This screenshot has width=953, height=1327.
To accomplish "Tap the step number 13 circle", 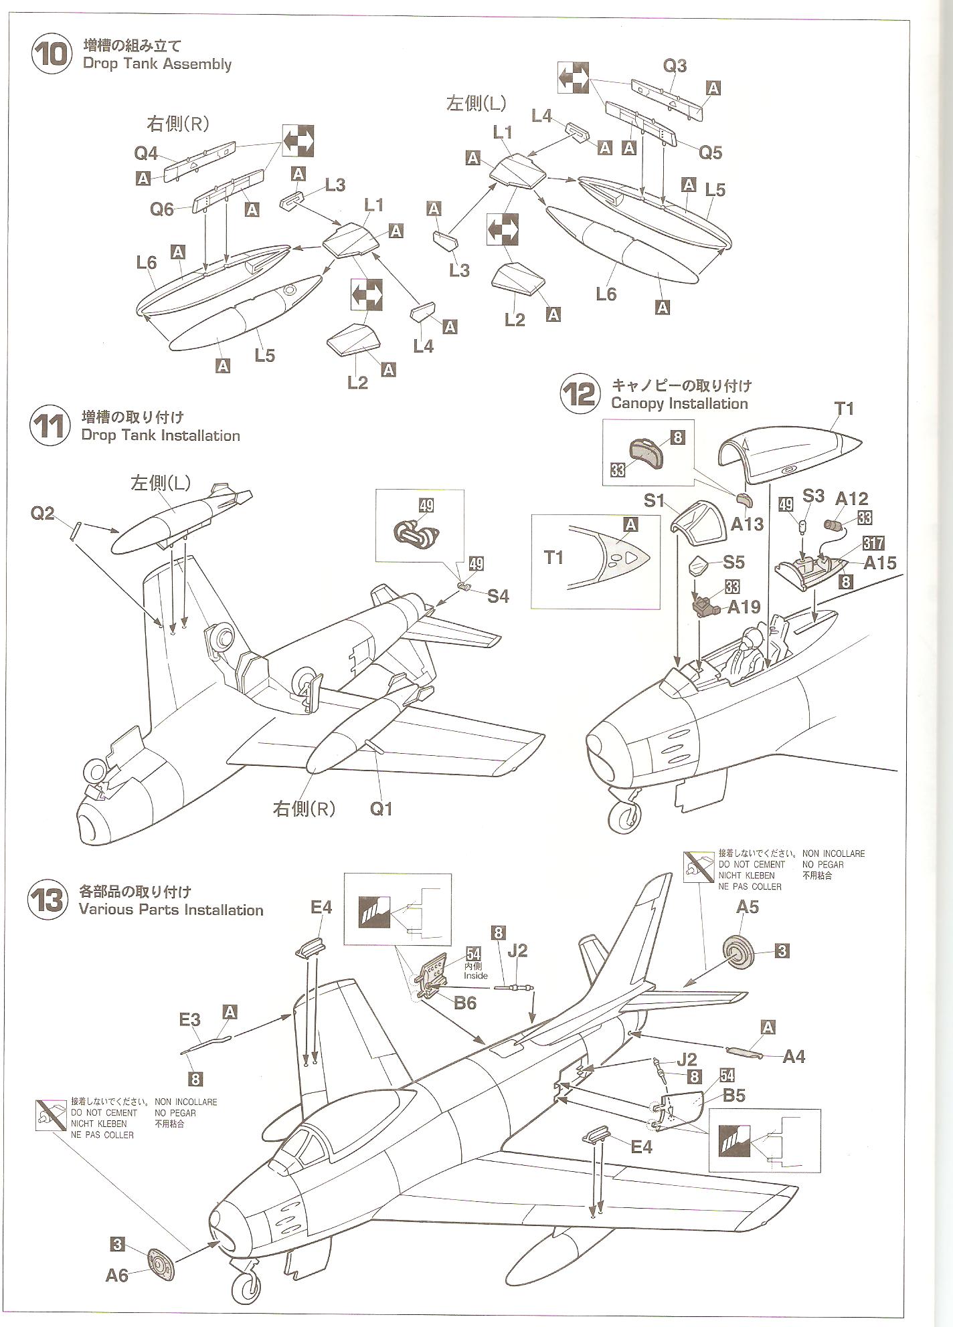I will tap(48, 900).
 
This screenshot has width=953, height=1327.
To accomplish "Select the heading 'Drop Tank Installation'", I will tap(160, 435).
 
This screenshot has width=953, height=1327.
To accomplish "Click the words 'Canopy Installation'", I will tap(679, 403).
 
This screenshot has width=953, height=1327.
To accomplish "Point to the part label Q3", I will tap(675, 66).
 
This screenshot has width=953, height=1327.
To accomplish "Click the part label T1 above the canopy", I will tap(844, 408).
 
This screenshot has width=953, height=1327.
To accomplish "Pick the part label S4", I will tap(497, 596).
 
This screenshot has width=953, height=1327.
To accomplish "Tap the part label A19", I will tap(744, 607).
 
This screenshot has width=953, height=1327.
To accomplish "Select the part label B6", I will tap(464, 1003).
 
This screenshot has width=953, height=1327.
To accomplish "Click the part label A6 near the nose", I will tap(116, 1275).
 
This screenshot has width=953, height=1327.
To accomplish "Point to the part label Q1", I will tap(381, 809).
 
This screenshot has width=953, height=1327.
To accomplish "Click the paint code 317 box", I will tap(873, 543).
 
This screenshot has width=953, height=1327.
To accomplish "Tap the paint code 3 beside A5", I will tap(782, 950).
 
